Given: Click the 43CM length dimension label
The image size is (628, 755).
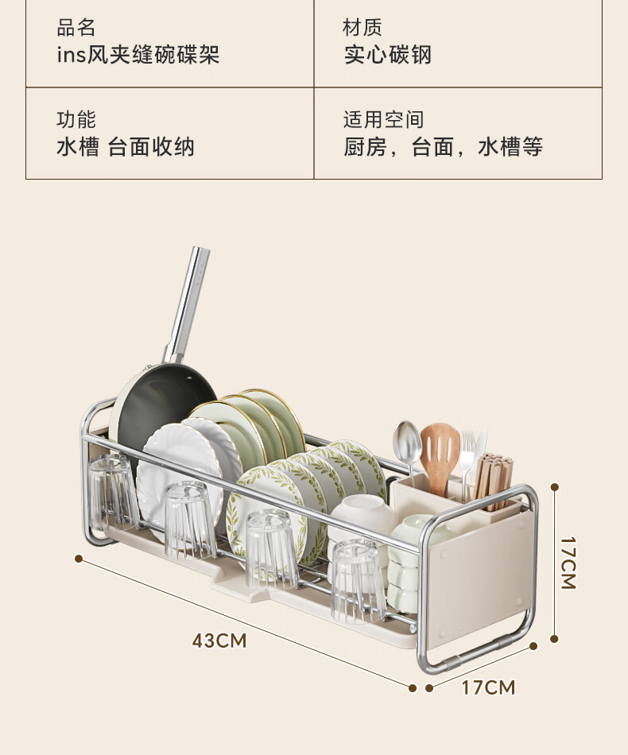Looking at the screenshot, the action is (219, 641).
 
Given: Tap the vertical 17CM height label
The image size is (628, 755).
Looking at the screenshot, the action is (568, 563).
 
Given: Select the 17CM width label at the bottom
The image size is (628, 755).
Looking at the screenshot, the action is (488, 687).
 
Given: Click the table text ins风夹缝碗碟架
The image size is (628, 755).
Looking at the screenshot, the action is (138, 54).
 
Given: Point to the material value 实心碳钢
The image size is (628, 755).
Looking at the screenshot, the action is (388, 54).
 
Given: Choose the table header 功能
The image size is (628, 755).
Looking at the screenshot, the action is (76, 119).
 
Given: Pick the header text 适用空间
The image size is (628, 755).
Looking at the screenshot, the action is (383, 119).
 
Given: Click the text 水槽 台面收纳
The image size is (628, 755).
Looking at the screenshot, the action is (126, 147).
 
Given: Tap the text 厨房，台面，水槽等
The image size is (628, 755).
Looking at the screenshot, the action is (443, 147).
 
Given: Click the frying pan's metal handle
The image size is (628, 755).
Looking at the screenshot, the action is (188, 304).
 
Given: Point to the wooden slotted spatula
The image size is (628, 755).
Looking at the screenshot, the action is (440, 458).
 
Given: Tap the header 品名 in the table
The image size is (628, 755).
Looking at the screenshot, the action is (76, 28).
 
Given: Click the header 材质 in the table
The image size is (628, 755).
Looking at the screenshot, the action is (362, 28).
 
